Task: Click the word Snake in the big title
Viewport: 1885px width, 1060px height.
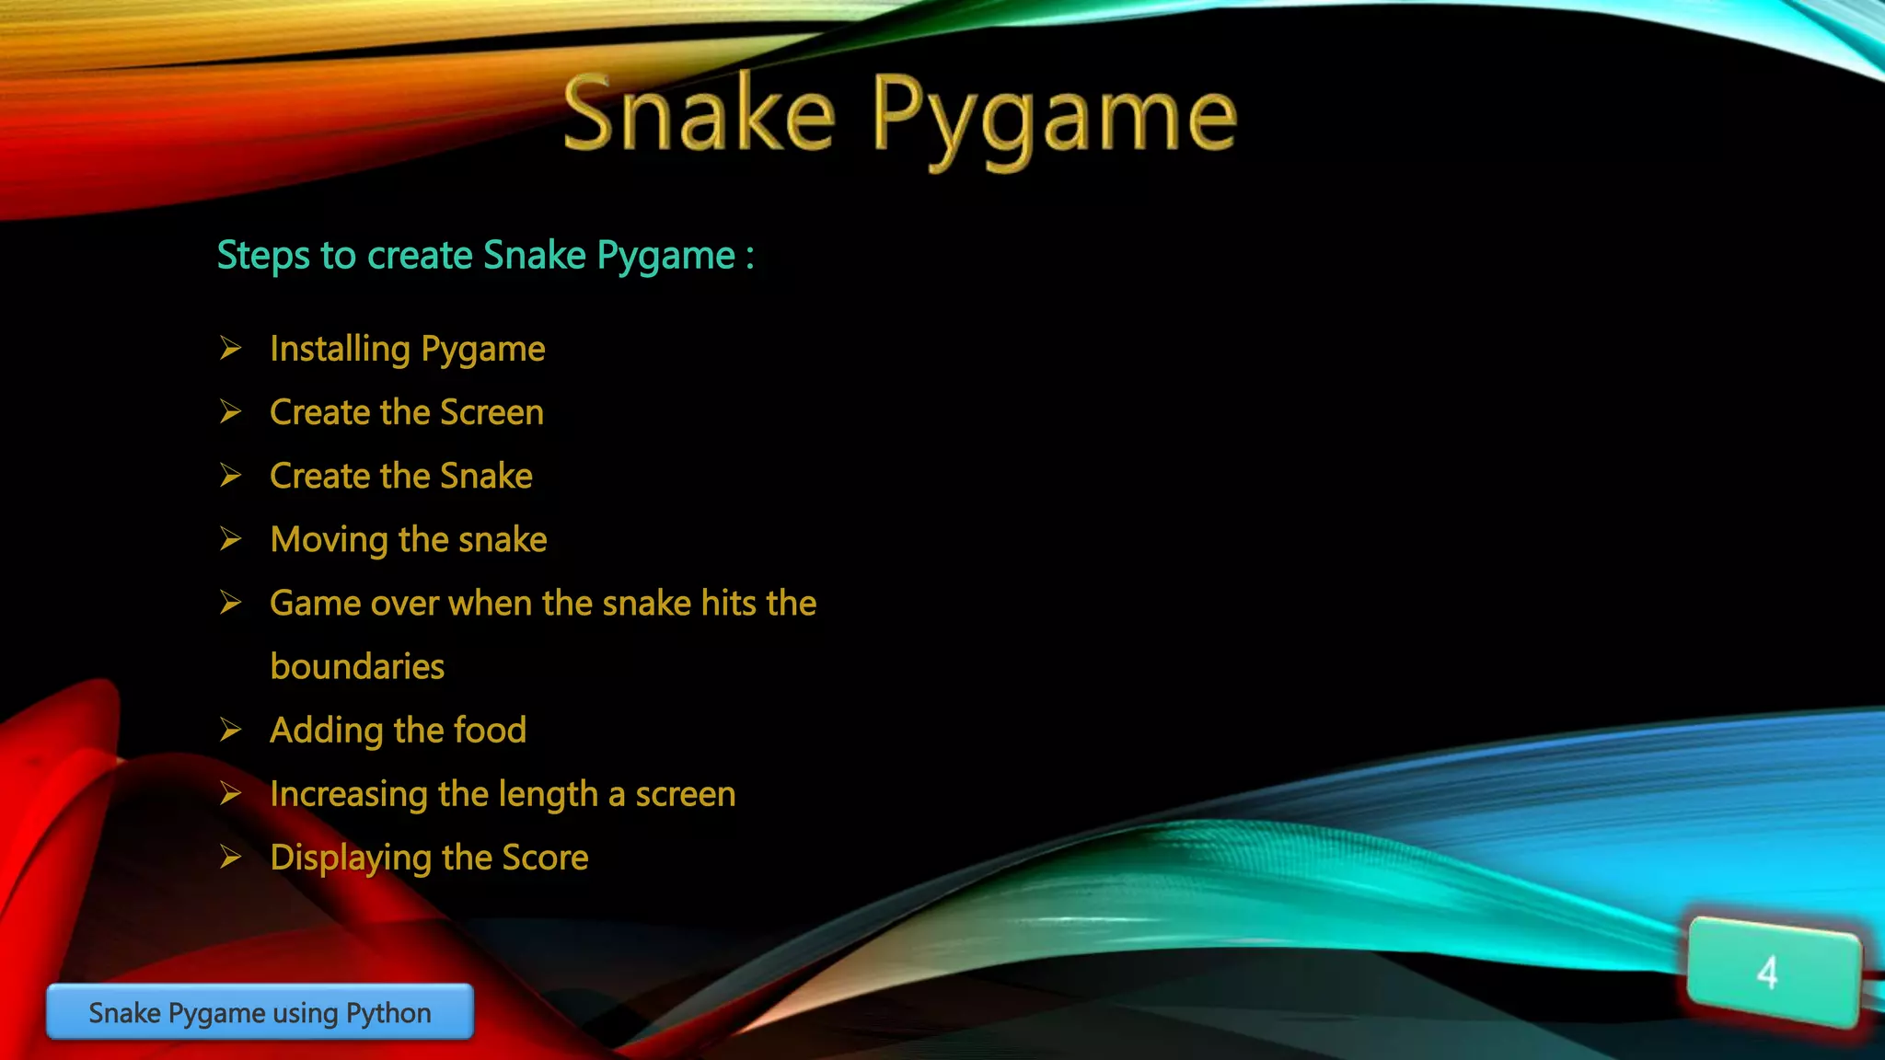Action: [x=699, y=115]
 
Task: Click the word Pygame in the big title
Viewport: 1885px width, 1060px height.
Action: [x=1054, y=118]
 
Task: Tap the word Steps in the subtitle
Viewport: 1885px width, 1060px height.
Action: [x=263, y=256]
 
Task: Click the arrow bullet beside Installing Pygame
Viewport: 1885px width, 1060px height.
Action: [x=230, y=349]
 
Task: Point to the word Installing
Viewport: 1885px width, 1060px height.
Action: [x=340, y=350]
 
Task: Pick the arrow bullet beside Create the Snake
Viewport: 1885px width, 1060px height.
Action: [x=230, y=476]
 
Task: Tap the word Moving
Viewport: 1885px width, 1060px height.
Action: [x=329, y=540]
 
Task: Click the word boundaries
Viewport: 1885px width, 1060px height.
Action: [x=357, y=667]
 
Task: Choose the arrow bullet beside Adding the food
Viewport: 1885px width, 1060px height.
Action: [x=230, y=731]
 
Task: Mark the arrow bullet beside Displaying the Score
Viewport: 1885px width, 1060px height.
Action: [x=230, y=858]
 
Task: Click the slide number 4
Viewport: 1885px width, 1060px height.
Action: [x=1767, y=973]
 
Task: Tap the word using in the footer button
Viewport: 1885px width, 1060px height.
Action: [x=306, y=1014]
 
